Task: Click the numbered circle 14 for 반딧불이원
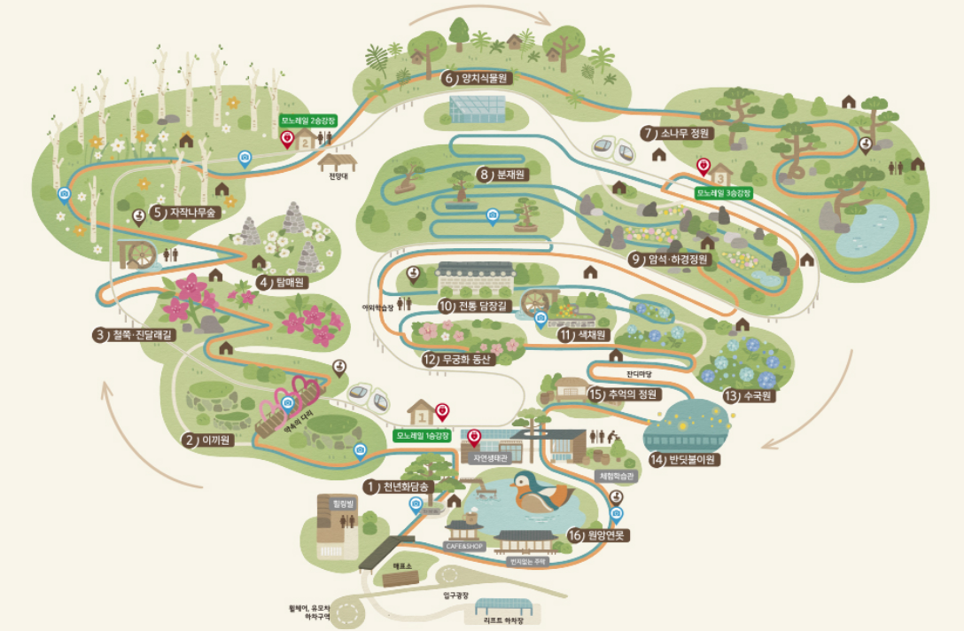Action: [x=657, y=460]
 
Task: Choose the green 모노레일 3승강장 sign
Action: [x=723, y=192]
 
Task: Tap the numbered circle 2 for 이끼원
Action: [x=189, y=439]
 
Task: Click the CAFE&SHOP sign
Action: [x=463, y=546]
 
